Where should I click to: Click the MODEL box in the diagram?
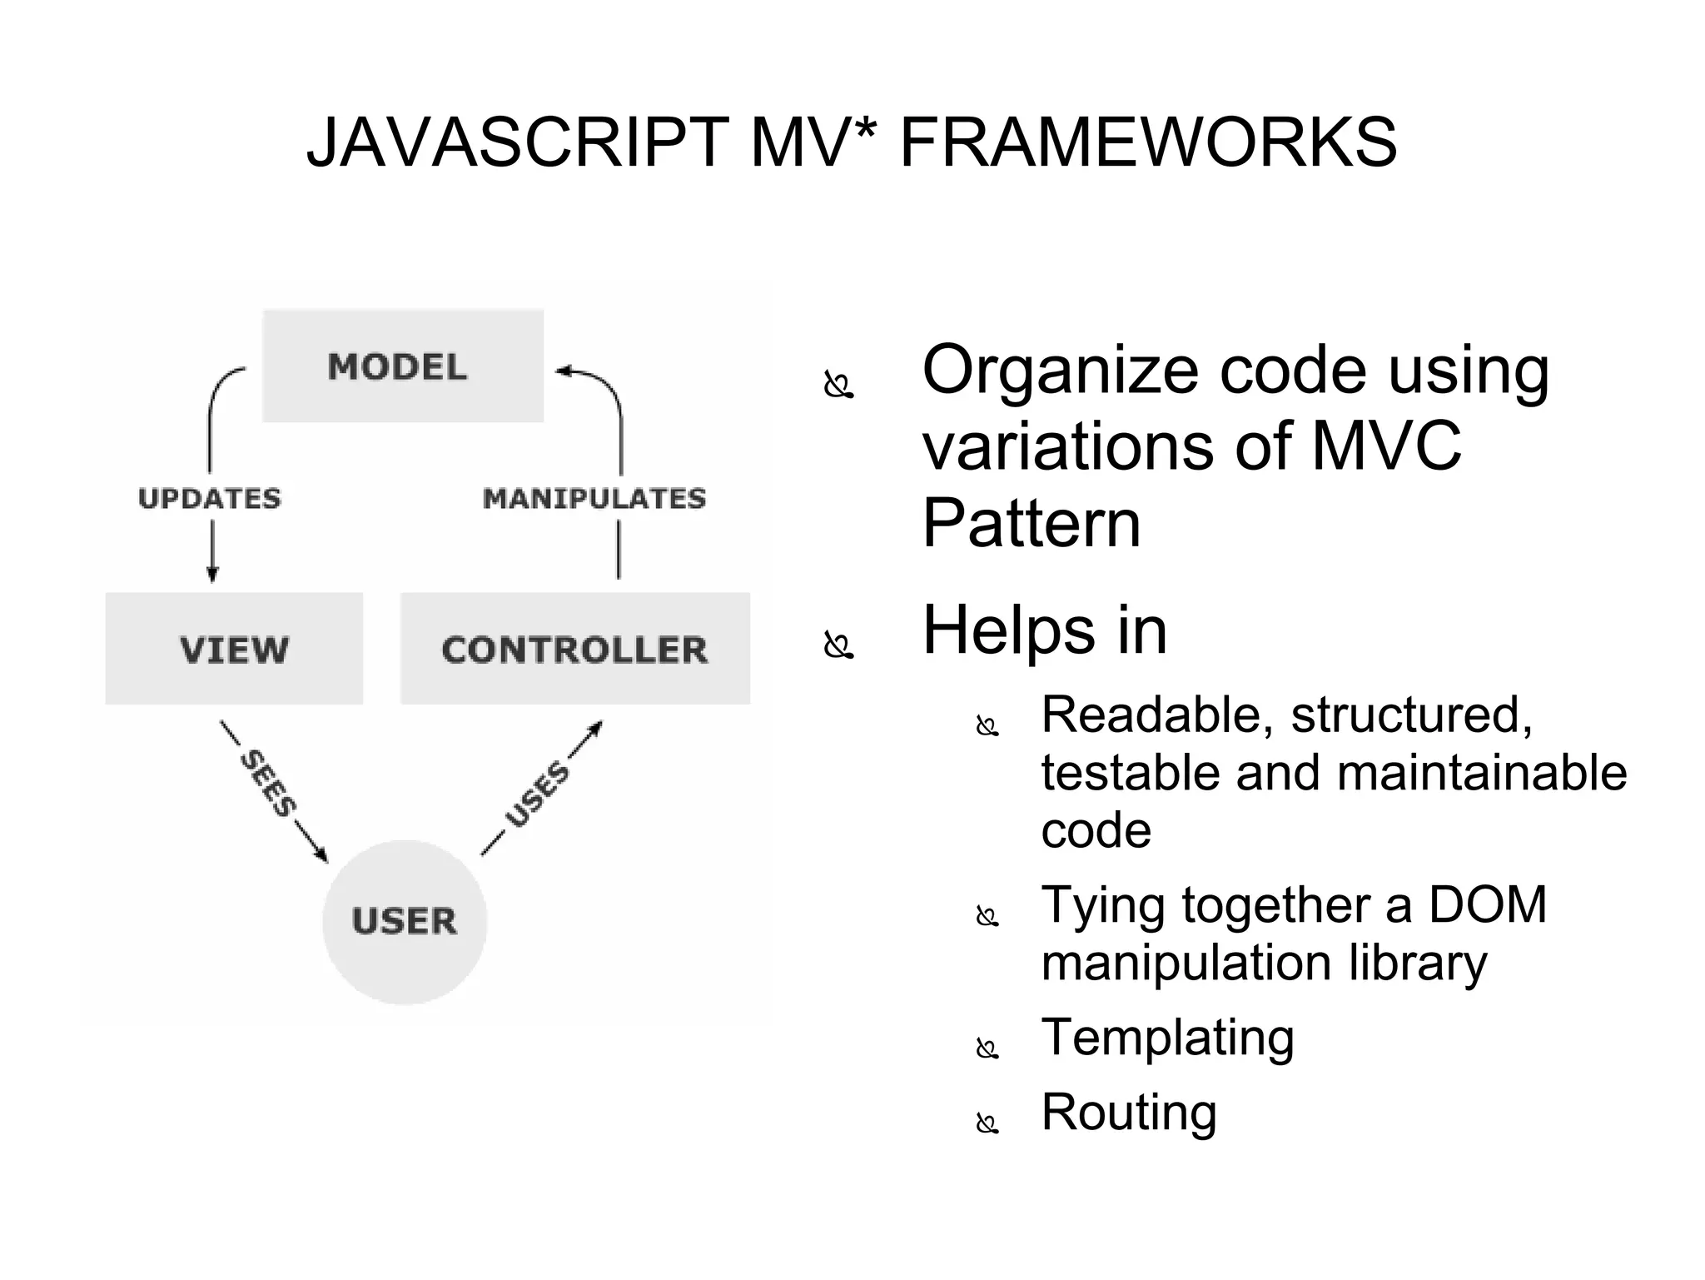coord(403,366)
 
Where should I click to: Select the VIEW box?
coord(234,650)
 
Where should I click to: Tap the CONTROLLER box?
coord(574,650)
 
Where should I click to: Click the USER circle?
coord(405,921)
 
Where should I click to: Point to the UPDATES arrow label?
coord(210,498)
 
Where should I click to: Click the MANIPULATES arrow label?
coord(594,498)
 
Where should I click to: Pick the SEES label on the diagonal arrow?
coord(268,784)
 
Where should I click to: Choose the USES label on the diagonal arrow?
coord(538,795)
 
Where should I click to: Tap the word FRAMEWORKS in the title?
coord(1148,142)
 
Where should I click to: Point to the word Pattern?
coord(1031,523)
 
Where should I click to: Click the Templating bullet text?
coord(1167,1038)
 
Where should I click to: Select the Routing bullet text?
coord(1129,1112)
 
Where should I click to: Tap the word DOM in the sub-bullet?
coord(1488,904)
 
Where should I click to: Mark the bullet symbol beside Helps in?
coord(838,645)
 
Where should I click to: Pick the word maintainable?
coord(1482,773)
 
